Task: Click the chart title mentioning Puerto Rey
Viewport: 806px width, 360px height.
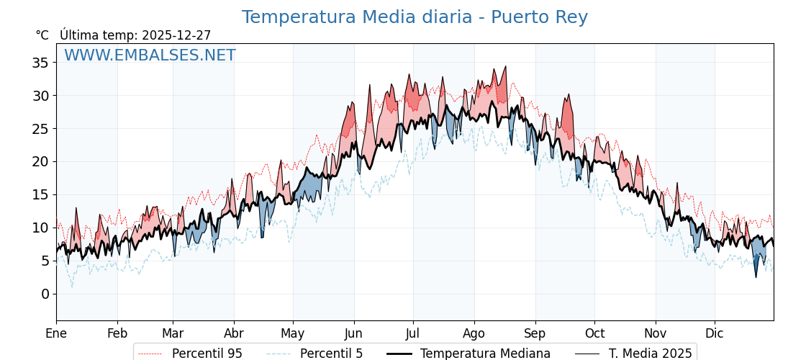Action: point(415,17)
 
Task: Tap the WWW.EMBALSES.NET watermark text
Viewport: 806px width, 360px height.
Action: point(150,55)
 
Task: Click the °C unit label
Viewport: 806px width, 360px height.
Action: point(42,35)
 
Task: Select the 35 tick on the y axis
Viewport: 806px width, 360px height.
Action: point(40,63)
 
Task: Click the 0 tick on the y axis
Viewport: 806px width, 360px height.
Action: point(45,294)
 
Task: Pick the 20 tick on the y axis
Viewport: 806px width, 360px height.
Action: point(40,161)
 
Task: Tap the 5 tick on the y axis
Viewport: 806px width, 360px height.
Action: point(45,261)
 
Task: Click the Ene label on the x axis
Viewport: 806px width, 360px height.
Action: point(56,333)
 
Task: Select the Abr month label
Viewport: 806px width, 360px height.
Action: point(234,333)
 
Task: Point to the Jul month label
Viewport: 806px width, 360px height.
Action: point(413,333)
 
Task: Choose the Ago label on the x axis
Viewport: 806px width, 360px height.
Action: point(474,333)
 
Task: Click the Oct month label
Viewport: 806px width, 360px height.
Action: point(594,333)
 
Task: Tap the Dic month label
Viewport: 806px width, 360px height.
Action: point(715,333)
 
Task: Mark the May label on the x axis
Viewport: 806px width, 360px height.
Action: point(293,333)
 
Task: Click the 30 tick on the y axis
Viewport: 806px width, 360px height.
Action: point(40,96)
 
